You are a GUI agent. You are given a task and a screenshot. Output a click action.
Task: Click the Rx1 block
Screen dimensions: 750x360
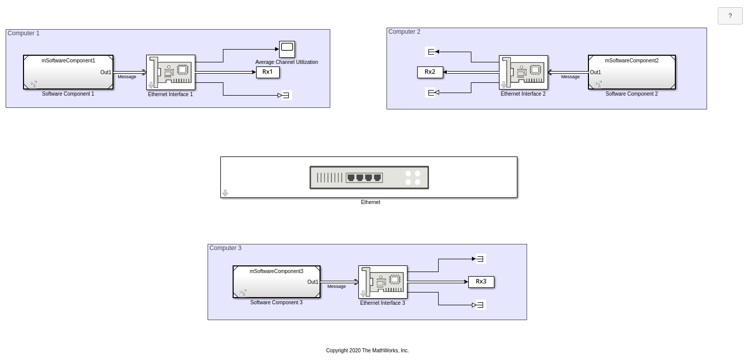[268, 72]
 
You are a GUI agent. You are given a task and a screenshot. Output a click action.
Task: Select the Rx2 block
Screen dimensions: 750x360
[430, 72]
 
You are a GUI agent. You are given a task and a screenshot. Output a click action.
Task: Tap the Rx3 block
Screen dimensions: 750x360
[481, 282]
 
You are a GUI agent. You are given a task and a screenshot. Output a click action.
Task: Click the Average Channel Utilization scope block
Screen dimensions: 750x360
[287, 49]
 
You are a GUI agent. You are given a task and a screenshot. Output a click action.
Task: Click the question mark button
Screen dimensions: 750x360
[730, 16]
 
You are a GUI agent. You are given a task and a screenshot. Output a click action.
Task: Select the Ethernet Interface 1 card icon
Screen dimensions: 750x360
[171, 72]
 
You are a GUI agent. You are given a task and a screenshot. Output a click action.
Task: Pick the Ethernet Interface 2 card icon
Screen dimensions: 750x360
[524, 72]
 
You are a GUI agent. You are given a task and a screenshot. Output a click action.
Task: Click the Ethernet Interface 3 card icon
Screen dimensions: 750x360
[383, 282]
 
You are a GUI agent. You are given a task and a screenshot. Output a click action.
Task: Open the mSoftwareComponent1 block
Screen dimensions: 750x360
[69, 72]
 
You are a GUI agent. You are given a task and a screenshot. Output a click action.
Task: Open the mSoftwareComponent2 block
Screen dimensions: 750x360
[632, 72]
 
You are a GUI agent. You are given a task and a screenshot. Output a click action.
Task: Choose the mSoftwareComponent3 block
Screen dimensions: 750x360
[277, 282]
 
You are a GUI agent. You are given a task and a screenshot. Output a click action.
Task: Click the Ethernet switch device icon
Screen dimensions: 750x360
[369, 177]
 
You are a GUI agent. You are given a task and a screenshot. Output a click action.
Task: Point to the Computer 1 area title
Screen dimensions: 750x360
[24, 33]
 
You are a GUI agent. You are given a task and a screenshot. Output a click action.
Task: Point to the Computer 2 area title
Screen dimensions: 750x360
[404, 32]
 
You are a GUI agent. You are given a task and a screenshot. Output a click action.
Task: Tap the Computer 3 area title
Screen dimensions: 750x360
[225, 248]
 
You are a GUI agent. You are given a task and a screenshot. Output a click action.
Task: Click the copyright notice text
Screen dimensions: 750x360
[367, 351]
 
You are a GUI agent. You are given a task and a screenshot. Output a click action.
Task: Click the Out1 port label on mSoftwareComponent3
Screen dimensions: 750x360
[313, 282]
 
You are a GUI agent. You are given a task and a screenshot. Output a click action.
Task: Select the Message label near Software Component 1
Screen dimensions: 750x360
[127, 77]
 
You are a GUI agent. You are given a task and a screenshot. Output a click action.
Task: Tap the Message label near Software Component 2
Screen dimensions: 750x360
[570, 77]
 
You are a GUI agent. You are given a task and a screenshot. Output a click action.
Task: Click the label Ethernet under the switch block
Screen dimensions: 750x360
[370, 202]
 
